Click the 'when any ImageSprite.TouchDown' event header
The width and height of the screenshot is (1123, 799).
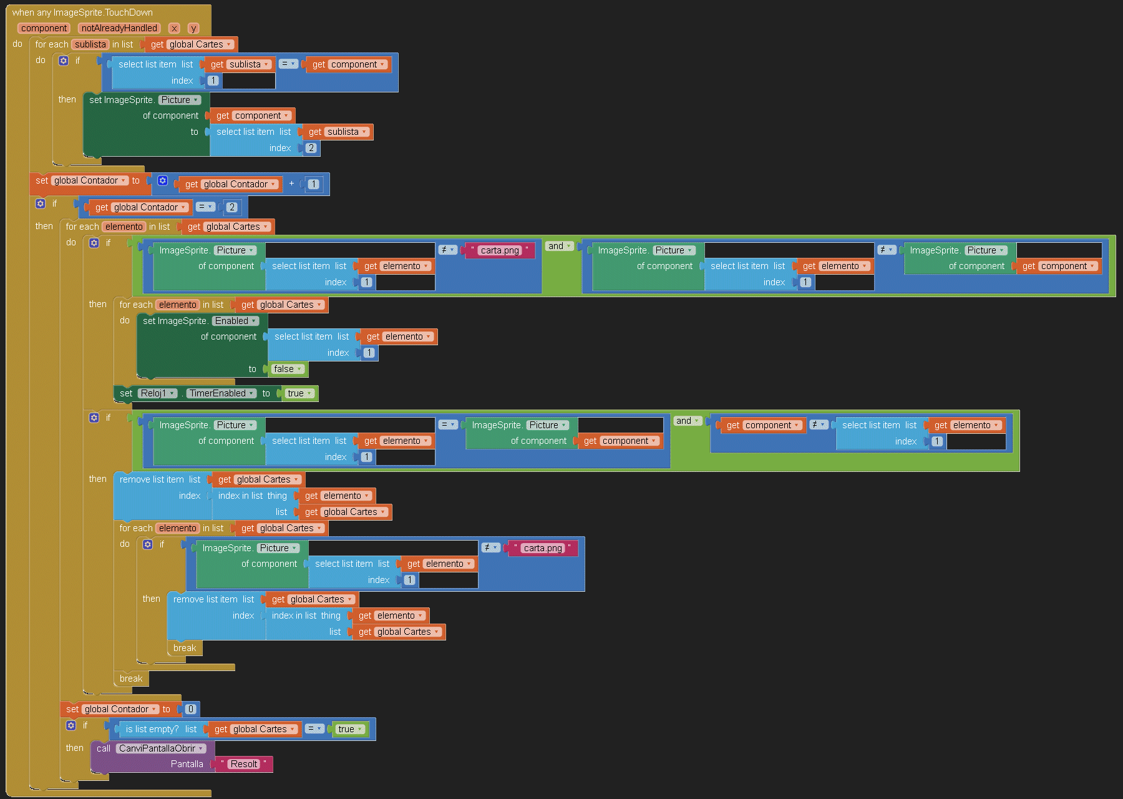82,12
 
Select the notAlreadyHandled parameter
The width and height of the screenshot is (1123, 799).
119,28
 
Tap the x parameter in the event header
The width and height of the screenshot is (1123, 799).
174,28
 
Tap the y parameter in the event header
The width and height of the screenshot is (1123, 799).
193,28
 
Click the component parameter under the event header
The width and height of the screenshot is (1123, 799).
44,28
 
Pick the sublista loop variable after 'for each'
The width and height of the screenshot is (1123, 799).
90,44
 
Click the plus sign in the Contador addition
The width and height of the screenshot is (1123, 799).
291,184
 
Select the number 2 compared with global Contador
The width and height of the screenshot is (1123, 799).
231,207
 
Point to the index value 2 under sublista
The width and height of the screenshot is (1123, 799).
311,148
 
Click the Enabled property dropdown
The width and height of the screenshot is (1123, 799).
235,321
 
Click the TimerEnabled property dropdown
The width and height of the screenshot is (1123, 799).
221,393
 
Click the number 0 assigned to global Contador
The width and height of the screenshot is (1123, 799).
191,709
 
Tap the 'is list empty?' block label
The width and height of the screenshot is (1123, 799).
152,729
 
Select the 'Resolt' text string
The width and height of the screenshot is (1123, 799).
243,764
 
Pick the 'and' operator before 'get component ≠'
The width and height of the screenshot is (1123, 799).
687,421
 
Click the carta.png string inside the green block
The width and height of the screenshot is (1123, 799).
500,250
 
